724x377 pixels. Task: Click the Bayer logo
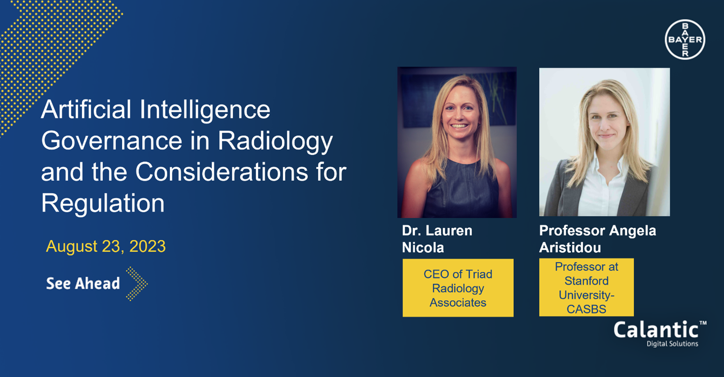tap(685, 40)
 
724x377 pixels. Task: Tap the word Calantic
tap(656, 331)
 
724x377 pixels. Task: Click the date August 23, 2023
tap(106, 246)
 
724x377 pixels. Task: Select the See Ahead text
tap(83, 284)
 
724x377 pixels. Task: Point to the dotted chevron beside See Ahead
tap(137, 284)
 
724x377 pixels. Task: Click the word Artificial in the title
tap(86, 110)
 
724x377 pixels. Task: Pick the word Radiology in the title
tap(275, 141)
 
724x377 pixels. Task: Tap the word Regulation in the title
tap(103, 203)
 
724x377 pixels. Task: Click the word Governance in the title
tap(112, 141)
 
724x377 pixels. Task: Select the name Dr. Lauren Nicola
tap(437, 239)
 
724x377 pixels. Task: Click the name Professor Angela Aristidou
tap(597, 239)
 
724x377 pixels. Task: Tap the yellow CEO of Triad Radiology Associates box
tap(458, 288)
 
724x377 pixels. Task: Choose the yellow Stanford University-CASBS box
tap(586, 288)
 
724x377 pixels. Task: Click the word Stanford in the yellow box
tap(586, 281)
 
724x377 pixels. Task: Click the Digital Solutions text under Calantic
tap(672, 344)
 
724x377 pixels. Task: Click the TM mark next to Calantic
tap(703, 323)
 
